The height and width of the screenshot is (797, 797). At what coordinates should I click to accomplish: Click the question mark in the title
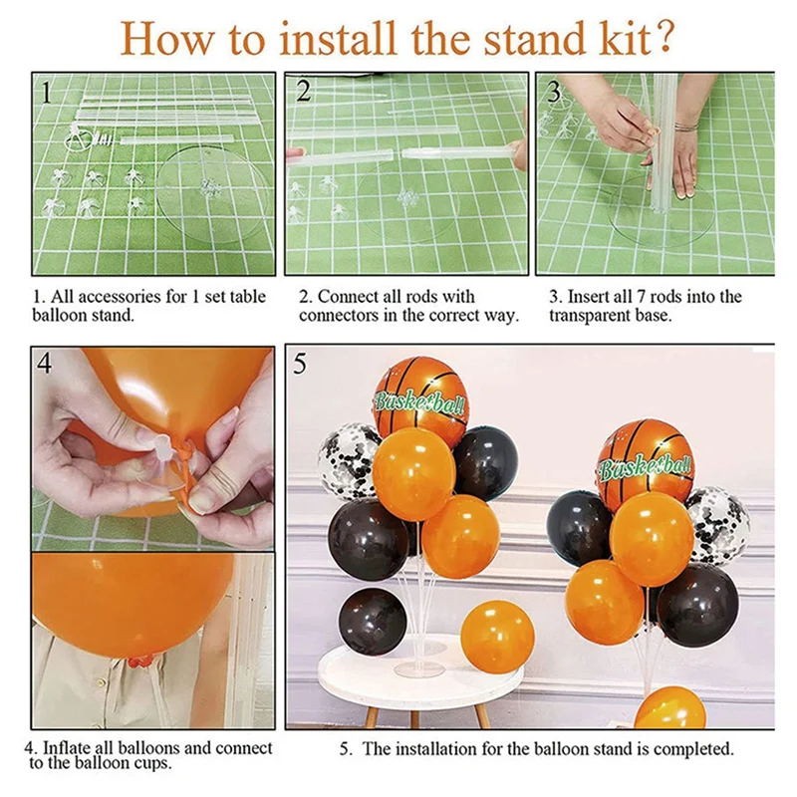[x=662, y=37]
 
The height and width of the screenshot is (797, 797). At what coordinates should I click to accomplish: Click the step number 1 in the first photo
[x=46, y=93]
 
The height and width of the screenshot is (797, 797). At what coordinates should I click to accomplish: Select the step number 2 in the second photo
[x=304, y=91]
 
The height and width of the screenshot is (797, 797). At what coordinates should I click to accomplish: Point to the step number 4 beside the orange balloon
[x=45, y=364]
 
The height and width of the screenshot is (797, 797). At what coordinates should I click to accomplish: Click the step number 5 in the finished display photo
[x=301, y=364]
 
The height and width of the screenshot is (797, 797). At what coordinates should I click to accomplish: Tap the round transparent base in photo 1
[x=212, y=193]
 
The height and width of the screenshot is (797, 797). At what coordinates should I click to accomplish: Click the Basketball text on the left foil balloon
[x=419, y=402]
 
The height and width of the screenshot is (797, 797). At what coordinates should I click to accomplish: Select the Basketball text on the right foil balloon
[x=645, y=465]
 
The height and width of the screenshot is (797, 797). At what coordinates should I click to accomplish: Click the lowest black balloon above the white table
[x=373, y=621]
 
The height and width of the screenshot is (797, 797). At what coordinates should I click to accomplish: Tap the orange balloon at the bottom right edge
[x=670, y=708]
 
